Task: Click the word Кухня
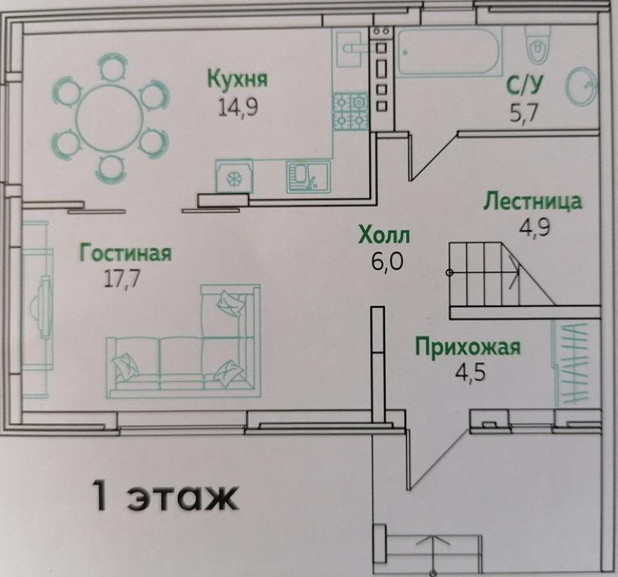point(238,78)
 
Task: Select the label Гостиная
point(126,253)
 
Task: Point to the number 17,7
point(122,279)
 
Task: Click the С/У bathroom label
point(525,85)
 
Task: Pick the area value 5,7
point(524,113)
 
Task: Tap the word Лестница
point(532,201)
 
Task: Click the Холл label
point(384,235)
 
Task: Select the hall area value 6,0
point(387,261)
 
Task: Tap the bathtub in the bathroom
point(450,52)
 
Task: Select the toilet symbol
point(538,45)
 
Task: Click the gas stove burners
point(350,112)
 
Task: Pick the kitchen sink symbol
point(308,177)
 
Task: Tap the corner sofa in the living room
point(183,342)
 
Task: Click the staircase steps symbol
point(484,274)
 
